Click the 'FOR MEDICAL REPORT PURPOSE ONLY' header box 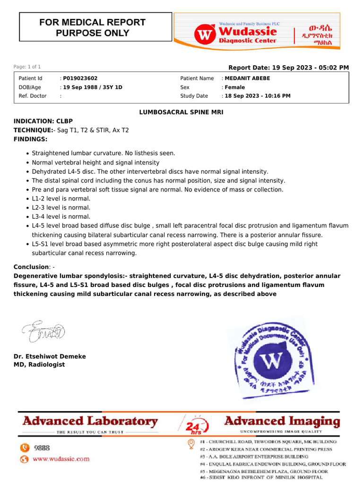tap(92, 27)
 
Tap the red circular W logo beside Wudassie tap(204, 34)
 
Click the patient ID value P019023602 tap(80, 78)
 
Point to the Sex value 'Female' tap(235, 87)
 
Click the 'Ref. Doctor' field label tap(33, 96)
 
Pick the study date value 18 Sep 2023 tap(258, 96)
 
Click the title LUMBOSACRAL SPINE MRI tap(181, 112)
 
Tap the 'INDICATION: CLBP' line tap(43, 121)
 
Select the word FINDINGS tap(30, 139)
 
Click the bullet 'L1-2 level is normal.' tap(61, 199)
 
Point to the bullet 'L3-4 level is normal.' tap(61, 216)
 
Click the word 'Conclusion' tap(31, 267)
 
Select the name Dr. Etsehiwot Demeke tap(50, 356)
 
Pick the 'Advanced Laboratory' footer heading tap(90, 421)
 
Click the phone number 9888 tap(42, 448)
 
